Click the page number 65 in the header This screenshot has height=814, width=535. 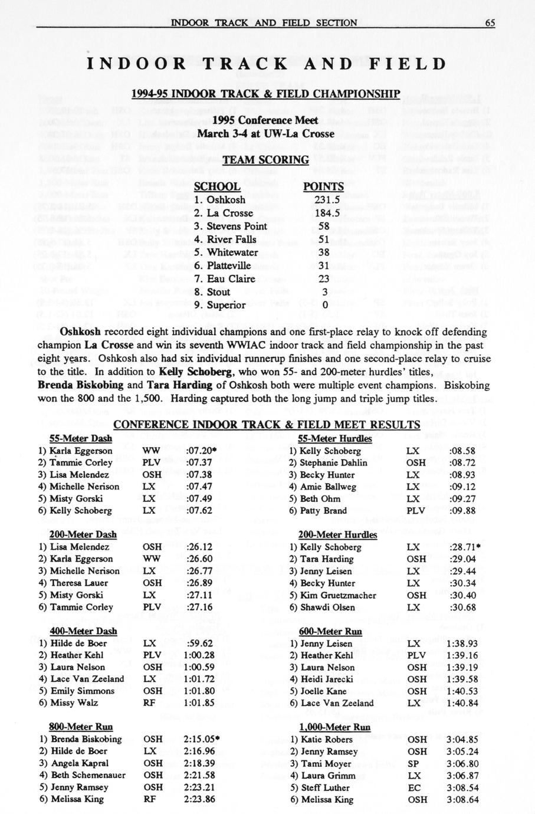click(490, 23)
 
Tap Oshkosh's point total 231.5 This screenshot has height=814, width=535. click(323, 200)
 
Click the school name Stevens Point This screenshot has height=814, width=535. click(237, 226)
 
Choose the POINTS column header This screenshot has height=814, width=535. click(323, 187)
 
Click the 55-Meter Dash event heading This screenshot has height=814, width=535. click(80, 439)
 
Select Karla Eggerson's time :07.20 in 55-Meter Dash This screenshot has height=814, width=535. click(200, 451)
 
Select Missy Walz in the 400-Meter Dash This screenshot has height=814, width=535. click(74, 703)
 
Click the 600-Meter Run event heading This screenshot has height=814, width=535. click(330, 631)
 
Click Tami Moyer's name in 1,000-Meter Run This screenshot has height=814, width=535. click(324, 763)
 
